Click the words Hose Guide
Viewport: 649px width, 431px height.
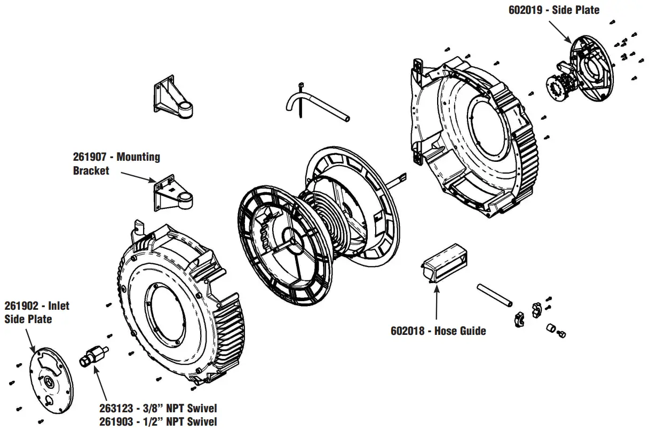pyautogui.click(x=460, y=331)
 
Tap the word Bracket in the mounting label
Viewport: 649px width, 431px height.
pyautogui.click(x=91, y=170)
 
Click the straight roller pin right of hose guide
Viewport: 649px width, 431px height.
pyautogui.click(x=494, y=295)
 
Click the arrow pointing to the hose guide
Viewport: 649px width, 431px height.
pyautogui.click(x=437, y=304)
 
